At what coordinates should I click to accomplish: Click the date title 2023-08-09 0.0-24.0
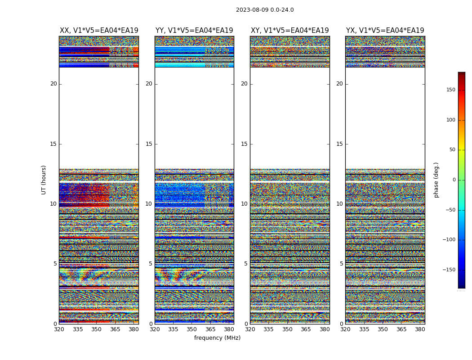point(265,10)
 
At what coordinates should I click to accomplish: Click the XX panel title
point(99,31)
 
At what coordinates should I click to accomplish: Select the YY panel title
point(194,31)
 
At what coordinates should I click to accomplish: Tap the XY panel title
point(289,31)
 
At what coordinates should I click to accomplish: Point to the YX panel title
point(385,31)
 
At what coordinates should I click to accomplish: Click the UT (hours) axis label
point(44,180)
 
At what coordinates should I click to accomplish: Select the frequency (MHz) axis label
point(217,338)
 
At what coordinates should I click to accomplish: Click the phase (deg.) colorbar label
point(436,180)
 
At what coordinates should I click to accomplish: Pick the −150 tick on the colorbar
point(449,270)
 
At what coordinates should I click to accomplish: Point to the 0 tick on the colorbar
point(454,180)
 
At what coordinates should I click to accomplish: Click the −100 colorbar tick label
point(449,240)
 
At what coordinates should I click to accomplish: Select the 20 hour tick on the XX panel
point(53,84)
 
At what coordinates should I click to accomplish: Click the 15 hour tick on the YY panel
point(149,144)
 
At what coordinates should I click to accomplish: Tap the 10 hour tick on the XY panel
point(244,204)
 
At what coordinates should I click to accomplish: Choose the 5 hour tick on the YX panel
point(341,264)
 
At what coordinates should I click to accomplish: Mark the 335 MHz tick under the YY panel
point(173,329)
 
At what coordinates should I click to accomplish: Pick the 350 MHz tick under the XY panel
point(287,329)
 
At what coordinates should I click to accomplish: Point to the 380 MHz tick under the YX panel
point(420,329)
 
